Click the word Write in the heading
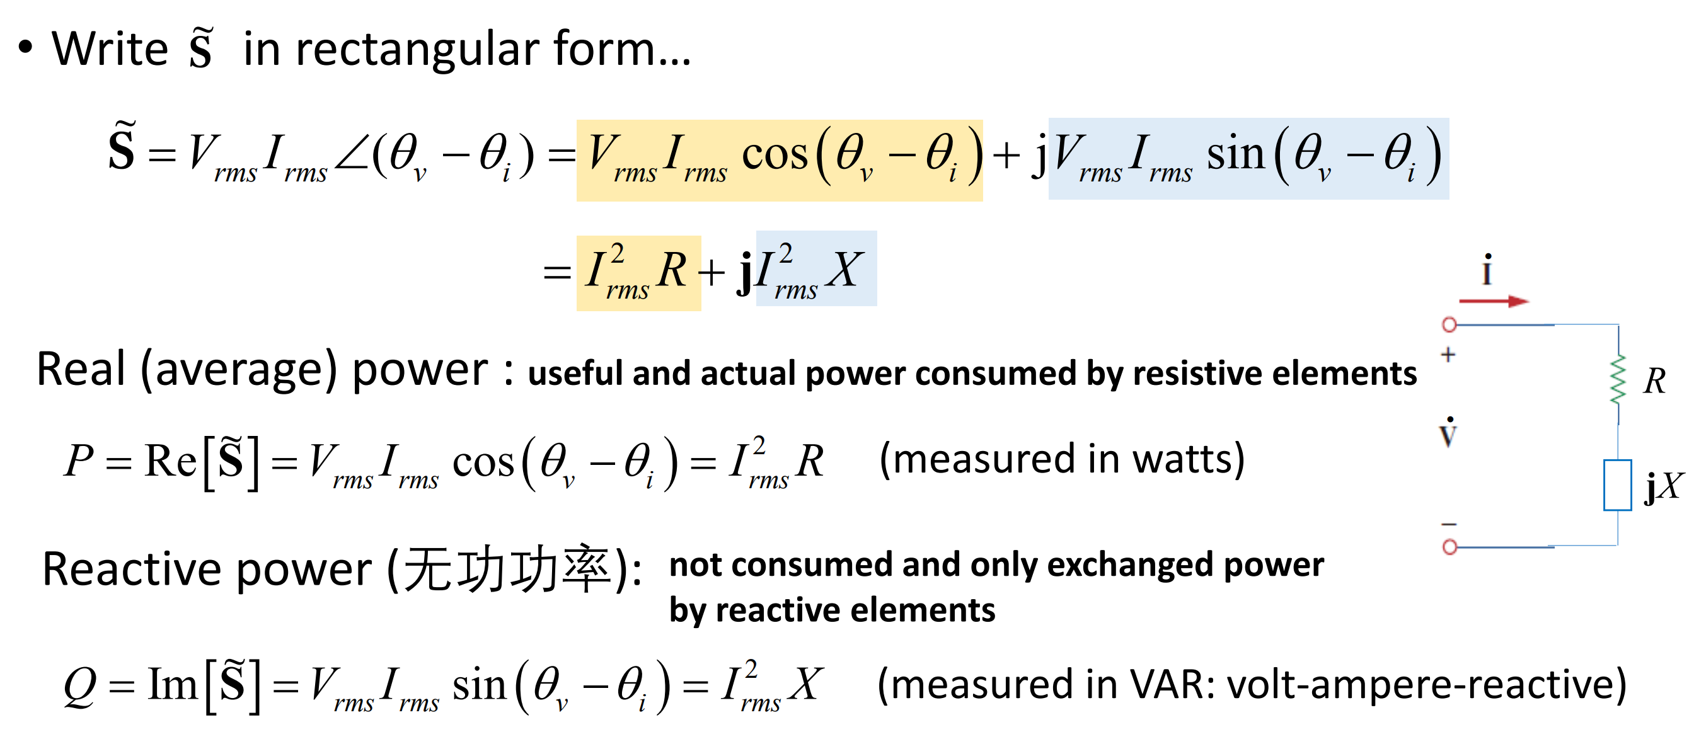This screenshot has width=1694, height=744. [x=110, y=49]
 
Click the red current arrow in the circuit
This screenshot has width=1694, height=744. [x=1494, y=301]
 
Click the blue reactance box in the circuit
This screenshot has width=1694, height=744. [x=1617, y=485]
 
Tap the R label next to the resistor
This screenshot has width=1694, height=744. [x=1654, y=381]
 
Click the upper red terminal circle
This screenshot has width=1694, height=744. [x=1449, y=324]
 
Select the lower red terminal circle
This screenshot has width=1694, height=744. [x=1449, y=546]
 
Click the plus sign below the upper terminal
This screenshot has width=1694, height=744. [x=1448, y=355]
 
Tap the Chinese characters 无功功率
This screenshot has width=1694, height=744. [x=506, y=568]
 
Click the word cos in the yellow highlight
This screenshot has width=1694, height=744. [x=775, y=155]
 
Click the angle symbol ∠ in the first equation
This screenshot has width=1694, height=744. [x=352, y=155]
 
